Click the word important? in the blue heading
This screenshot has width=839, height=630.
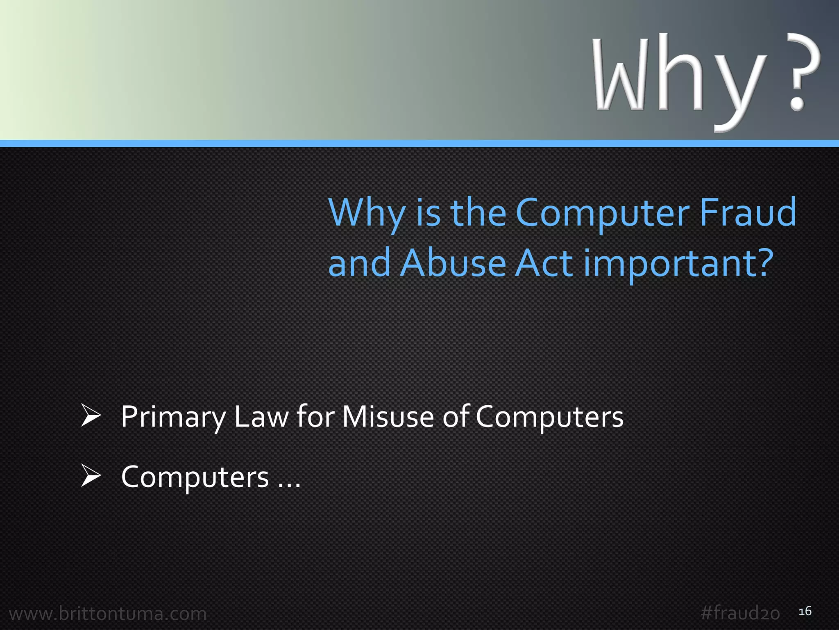click(x=678, y=264)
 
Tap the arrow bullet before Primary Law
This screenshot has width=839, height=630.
click(x=91, y=415)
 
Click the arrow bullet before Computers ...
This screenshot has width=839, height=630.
click(x=91, y=476)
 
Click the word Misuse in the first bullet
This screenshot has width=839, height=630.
click(x=388, y=417)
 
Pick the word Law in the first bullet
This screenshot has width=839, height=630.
click(x=261, y=417)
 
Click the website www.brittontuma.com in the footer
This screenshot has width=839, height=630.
click(x=108, y=614)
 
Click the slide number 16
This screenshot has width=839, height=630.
click(x=805, y=611)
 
